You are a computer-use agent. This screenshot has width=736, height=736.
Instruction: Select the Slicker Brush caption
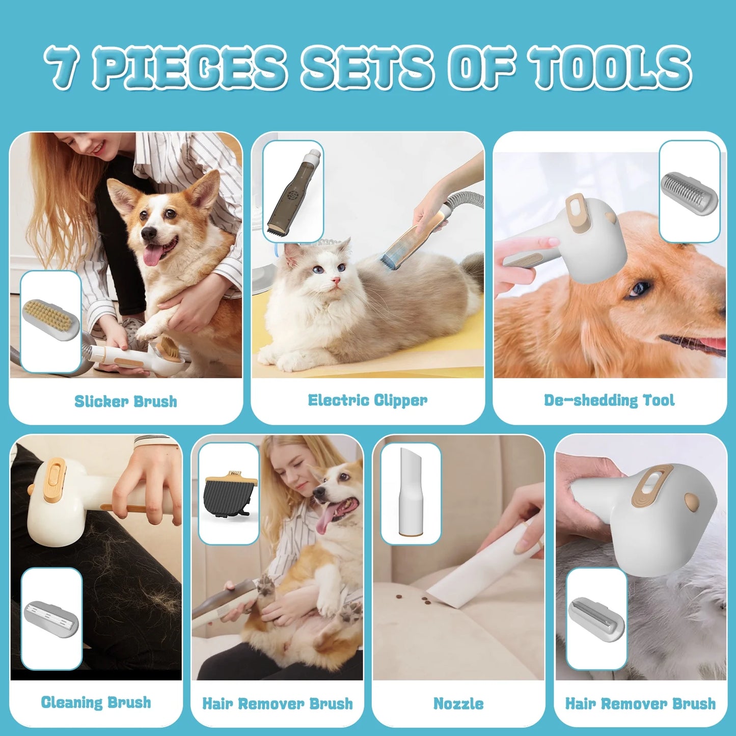126,401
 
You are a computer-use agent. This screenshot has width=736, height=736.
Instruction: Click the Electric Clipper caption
367,400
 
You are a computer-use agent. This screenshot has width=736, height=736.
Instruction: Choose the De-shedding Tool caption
609,400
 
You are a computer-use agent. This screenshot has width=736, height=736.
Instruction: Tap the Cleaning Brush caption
96,702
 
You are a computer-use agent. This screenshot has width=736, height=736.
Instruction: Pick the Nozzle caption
458,703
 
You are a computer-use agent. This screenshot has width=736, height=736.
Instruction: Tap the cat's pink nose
336,281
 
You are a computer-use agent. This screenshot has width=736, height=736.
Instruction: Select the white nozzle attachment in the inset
411,492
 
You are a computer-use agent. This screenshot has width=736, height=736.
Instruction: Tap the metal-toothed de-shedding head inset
689,191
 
